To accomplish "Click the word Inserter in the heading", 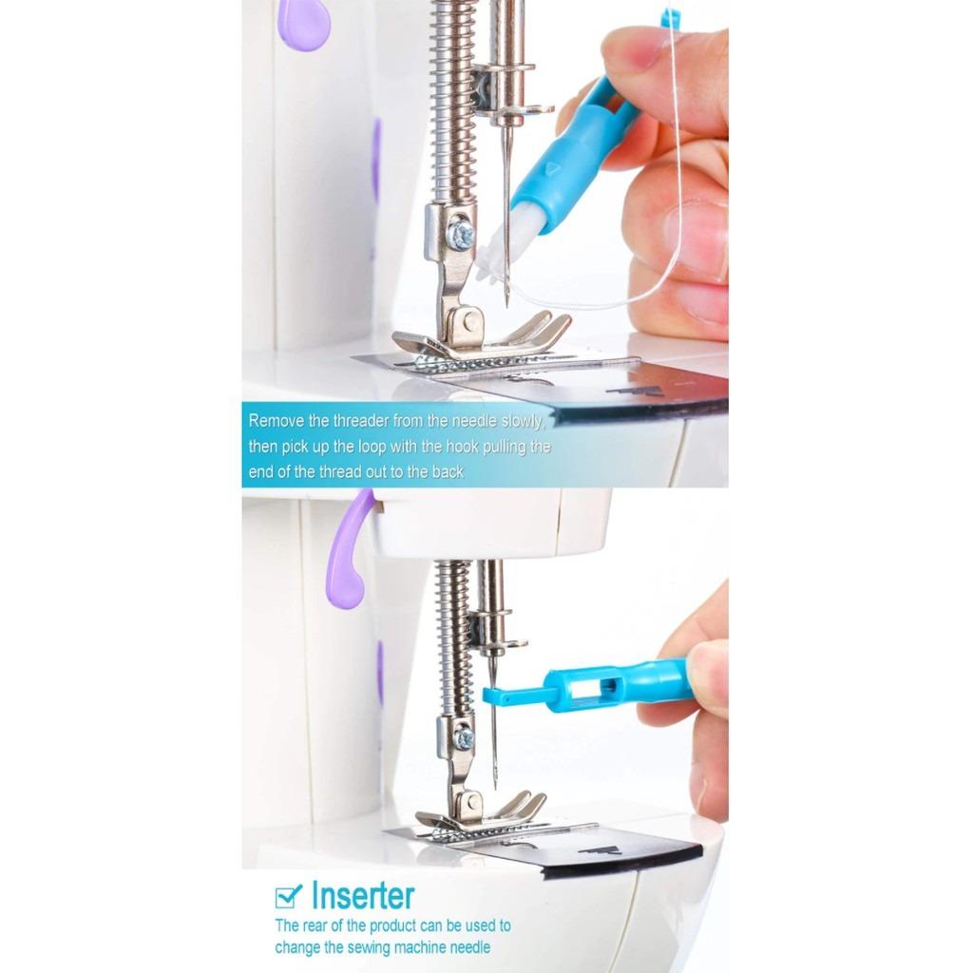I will point(363,896).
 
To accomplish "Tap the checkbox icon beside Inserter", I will point(288,896).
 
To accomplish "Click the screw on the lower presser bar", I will point(464,736).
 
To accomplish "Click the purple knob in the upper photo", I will point(304,23).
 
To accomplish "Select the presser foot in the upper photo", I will point(485,337).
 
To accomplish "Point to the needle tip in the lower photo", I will point(495,785).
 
